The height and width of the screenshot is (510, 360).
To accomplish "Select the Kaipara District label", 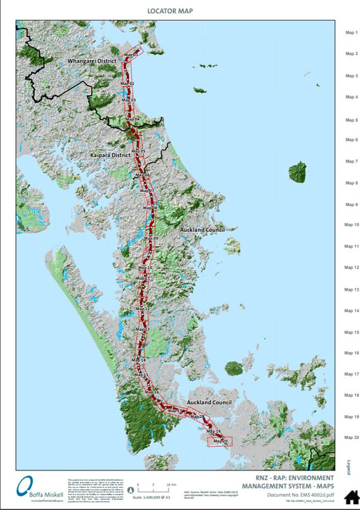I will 110,156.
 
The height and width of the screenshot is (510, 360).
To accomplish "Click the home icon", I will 351,497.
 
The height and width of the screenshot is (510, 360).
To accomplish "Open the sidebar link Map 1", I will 351,33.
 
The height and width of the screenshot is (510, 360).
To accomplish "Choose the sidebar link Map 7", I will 351,161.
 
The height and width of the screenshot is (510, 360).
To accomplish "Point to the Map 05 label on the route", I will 138,151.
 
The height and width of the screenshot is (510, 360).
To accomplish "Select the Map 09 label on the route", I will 151,238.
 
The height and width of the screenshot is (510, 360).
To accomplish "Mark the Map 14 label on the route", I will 139,360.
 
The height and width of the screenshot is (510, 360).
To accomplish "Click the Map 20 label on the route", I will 220,442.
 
